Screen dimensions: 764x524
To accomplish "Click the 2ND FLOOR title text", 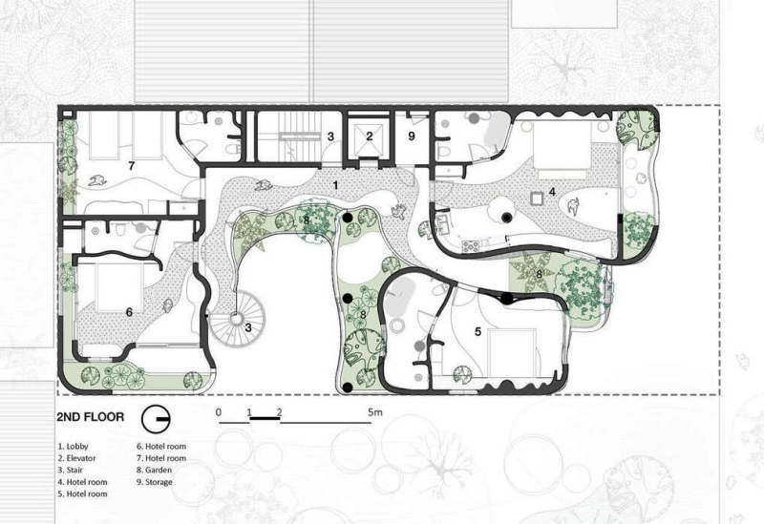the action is [x=90, y=417].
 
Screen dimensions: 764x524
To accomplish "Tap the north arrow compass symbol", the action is [x=156, y=419].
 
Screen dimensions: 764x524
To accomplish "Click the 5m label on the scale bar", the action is [x=375, y=412].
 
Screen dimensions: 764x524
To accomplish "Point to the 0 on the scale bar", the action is [x=219, y=412].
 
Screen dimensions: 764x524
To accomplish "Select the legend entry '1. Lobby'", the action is [x=74, y=446].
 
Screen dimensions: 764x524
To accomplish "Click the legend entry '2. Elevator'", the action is [x=77, y=458].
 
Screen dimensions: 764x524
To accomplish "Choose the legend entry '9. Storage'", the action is [x=155, y=482].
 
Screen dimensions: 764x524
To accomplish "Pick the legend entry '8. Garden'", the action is [x=154, y=470].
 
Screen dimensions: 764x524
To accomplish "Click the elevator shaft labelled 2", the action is [x=369, y=136].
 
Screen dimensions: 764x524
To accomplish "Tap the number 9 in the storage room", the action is [x=412, y=136].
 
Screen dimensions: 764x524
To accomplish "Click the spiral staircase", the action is [x=237, y=319].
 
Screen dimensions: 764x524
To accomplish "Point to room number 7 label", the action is [x=131, y=166].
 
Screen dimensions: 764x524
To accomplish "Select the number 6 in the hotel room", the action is [x=129, y=312].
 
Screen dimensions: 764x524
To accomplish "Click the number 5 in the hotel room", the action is [x=477, y=331].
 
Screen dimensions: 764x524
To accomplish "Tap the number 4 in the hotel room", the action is [x=552, y=192].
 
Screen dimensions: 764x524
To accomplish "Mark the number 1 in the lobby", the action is [x=335, y=185].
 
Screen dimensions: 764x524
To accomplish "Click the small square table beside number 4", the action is [x=537, y=199].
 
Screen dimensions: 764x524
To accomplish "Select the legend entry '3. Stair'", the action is [x=70, y=470].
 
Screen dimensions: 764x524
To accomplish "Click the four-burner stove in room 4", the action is [x=471, y=246].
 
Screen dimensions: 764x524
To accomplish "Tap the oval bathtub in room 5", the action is [x=399, y=295].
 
